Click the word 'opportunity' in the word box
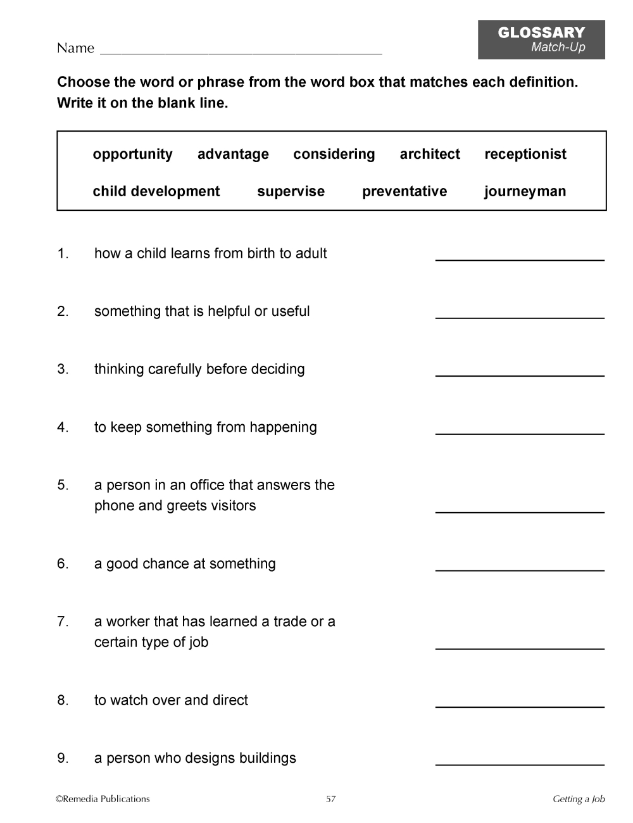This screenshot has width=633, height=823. pyautogui.click(x=132, y=154)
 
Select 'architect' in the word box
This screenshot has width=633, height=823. pyautogui.click(x=430, y=154)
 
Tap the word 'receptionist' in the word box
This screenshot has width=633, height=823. pyautogui.click(x=525, y=154)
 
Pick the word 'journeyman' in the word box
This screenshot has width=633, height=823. pyautogui.click(x=525, y=192)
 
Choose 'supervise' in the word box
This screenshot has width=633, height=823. pyautogui.click(x=291, y=192)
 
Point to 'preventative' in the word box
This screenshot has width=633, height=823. pyautogui.click(x=404, y=192)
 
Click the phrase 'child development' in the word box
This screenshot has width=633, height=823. pyautogui.click(x=156, y=192)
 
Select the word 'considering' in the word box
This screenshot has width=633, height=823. pyautogui.click(x=334, y=154)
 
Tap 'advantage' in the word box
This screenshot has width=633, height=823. pyautogui.click(x=233, y=154)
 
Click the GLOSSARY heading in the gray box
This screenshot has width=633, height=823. pyautogui.click(x=541, y=33)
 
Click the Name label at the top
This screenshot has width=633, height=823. pyautogui.click(x=75, y=48)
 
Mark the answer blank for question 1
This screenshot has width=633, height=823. pyautogui.click(x=520, y=256)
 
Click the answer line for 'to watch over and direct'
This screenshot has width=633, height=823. pyautogui.click(x=520, y=703)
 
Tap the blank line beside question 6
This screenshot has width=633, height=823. pyautogui.click(x=520, y=567)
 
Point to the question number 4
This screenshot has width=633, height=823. pyautogui.click(x=63, y=427)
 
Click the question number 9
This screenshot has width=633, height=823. pyautogui.click(x=63, y=758)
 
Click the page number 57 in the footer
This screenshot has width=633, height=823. pyautogui.click(x=330, y=799)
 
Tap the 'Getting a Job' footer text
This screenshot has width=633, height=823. pyautogui.click(x=579, y=799)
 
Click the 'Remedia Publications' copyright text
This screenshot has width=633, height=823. pyautogui.click(x=103, y=799)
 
